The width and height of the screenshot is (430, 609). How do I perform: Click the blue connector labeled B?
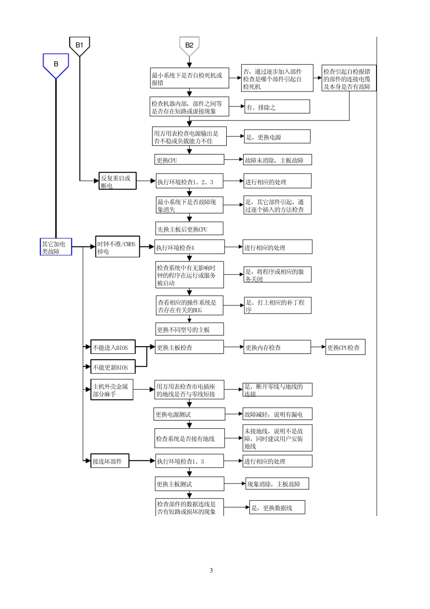point(56,65)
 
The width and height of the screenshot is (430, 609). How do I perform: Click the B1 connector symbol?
point(79,45)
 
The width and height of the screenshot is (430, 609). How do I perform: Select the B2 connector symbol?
point(189,45)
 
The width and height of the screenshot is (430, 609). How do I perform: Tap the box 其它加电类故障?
point(56,247)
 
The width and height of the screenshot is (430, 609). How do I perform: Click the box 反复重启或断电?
point(118,181)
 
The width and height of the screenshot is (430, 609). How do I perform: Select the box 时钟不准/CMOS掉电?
point(118,247)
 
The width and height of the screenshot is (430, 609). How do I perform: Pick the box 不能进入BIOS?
point(113,348)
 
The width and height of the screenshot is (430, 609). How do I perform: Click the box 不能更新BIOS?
point(113,367)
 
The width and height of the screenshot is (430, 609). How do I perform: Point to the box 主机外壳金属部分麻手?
point(112,390)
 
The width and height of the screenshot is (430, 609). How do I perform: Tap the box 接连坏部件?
point(110,461)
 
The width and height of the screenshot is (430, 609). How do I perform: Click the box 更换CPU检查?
point(345,348)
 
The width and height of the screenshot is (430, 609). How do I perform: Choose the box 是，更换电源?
point(277,137)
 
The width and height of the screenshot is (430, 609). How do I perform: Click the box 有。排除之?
point(277,107)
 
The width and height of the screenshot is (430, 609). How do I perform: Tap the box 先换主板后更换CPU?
point(189,229)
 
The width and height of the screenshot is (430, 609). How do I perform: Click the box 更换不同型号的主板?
point(189,329)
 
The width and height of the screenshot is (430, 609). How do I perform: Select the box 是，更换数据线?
point(277,507)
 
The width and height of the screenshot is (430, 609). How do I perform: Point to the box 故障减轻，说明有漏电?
point(277,414)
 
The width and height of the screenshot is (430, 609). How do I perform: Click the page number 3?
point(211,570)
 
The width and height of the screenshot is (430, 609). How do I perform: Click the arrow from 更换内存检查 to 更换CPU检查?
point(319,348)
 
